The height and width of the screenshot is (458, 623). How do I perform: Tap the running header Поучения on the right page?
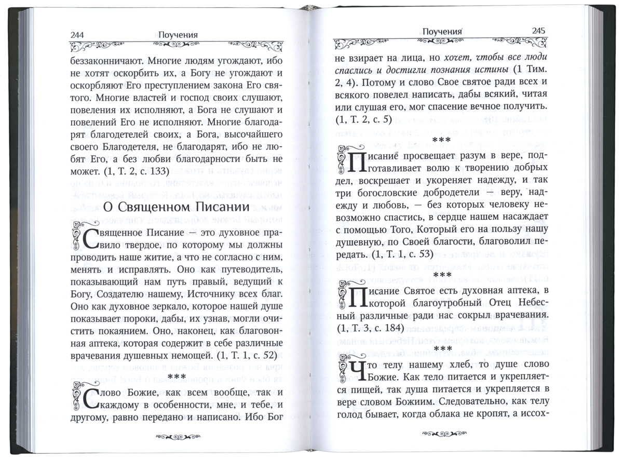pyautogui.click(x=441, y=31)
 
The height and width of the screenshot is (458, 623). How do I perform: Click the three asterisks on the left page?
pyautogui.click(x=180, y=375)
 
